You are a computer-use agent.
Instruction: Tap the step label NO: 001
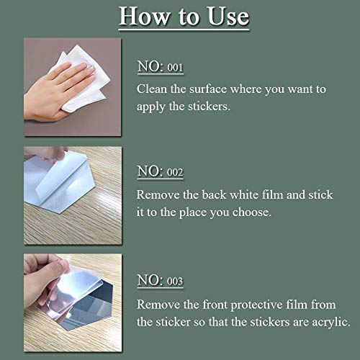pos(160,68)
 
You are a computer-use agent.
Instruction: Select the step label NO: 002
pos(160,171)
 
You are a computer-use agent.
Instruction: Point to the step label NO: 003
pos(160,281)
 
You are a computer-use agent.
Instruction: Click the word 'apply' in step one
pos(153,107)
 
